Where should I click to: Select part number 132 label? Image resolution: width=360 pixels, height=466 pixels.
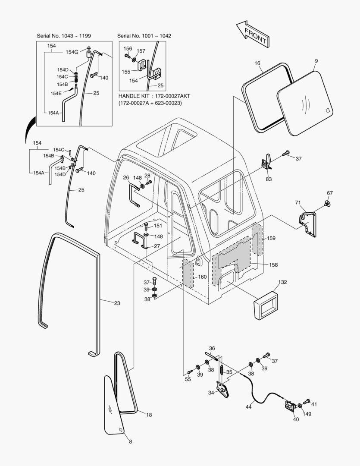click(x=282, y=282)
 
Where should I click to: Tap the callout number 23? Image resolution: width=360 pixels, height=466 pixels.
click(x=117, y=303)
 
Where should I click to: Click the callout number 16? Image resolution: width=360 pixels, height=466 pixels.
click(x=257, y=63)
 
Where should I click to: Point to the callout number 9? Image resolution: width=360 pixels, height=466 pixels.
click(x=316, y=61)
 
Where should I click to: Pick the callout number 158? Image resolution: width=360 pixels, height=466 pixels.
click(x=273, y=264)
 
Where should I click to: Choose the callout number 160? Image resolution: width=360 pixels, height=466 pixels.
click(x=202, y=277)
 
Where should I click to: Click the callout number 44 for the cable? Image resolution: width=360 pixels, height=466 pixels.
click(x=249, y=407)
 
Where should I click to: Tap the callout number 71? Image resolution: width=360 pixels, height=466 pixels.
click(x=297, y=202)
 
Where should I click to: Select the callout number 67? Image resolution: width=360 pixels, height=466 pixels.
click(x=330, y=193)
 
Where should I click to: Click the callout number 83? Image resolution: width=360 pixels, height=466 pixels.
click(x=269, y=179)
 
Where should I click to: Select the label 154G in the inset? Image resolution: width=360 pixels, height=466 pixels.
click(x=72, y=52)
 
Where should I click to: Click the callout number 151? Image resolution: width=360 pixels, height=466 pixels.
click(x=158, y=226)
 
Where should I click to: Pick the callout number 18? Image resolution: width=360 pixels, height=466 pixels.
click(x=149, y=415)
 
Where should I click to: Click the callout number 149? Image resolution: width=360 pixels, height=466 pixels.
click(x=307, y=414)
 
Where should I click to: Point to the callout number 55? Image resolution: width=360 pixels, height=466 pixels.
click(x=188, y=379)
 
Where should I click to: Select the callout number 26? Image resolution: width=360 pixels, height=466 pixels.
click(x=126, y=177)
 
